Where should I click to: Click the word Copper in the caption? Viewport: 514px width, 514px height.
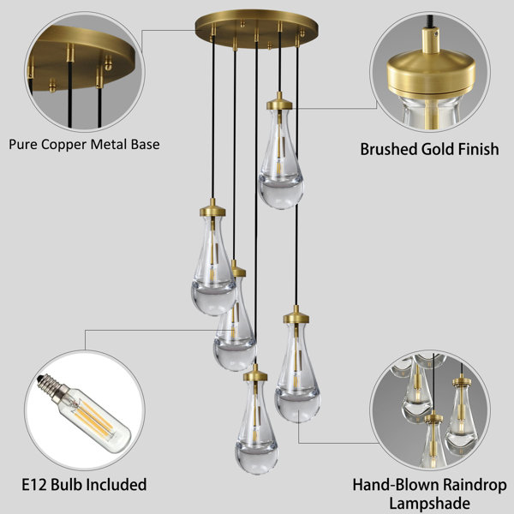point(64,145)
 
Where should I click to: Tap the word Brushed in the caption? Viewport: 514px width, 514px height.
point(389,149)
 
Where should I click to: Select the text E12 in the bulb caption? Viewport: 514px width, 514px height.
point(34,485)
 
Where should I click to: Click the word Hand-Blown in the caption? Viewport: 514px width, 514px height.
point(396,485)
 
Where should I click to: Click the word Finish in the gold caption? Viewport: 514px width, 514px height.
point(478,149)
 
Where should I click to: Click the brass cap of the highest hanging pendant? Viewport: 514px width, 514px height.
point(279,104)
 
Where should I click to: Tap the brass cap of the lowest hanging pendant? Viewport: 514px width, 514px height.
point(255,375)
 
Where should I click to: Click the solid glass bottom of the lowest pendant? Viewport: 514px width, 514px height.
point(256,458)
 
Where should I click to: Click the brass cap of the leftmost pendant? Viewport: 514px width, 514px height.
point(212,211)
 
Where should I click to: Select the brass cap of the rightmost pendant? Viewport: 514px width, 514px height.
point(296,317)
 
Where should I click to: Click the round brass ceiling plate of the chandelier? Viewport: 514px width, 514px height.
point(256,28)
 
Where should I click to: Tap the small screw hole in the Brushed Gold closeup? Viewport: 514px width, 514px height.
point(435,33)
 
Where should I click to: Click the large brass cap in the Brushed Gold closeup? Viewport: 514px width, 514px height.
point(431,75)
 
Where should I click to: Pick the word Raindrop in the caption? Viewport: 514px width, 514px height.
point(475,485)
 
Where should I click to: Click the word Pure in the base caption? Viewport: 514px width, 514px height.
point(23,145)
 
